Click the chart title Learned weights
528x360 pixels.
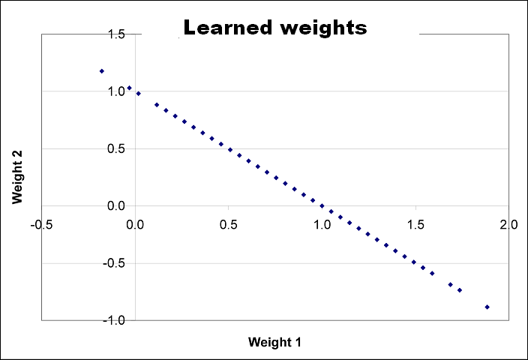(x=274, y=28)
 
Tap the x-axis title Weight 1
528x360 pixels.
(x=274, y=342)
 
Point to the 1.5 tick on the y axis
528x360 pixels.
(x=116, y=34)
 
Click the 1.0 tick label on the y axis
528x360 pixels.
(x=116, y=91)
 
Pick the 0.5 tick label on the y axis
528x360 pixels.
(x=116, y=148)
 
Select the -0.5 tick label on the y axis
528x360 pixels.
(x=114, y=263)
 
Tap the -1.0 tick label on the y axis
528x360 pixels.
(x=114, y=320)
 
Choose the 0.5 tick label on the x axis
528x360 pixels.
(x=229, y=226)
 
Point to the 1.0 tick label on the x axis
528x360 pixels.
(x=322, y=226)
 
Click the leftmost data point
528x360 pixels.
(x=101, y=71)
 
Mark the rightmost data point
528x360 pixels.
(x=487, y=307)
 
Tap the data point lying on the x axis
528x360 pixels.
(x=322, y=205)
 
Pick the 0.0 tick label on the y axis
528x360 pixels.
(x=116, y=205)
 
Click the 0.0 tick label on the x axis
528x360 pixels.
(x=136, y=226)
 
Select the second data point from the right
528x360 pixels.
(x=460, y=290)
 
